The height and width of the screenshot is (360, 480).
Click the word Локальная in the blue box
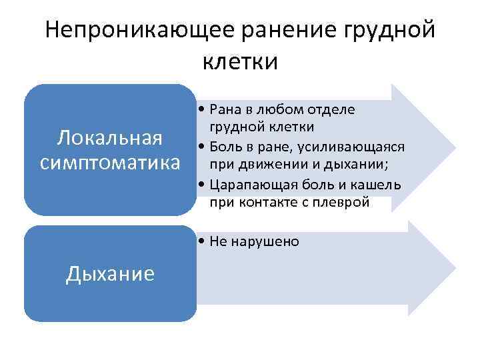(110, 138)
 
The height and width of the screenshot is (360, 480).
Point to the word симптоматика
(110, 162)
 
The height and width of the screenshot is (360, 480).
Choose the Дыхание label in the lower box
(110, 273)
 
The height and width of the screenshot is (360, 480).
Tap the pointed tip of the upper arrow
(455, 146)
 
